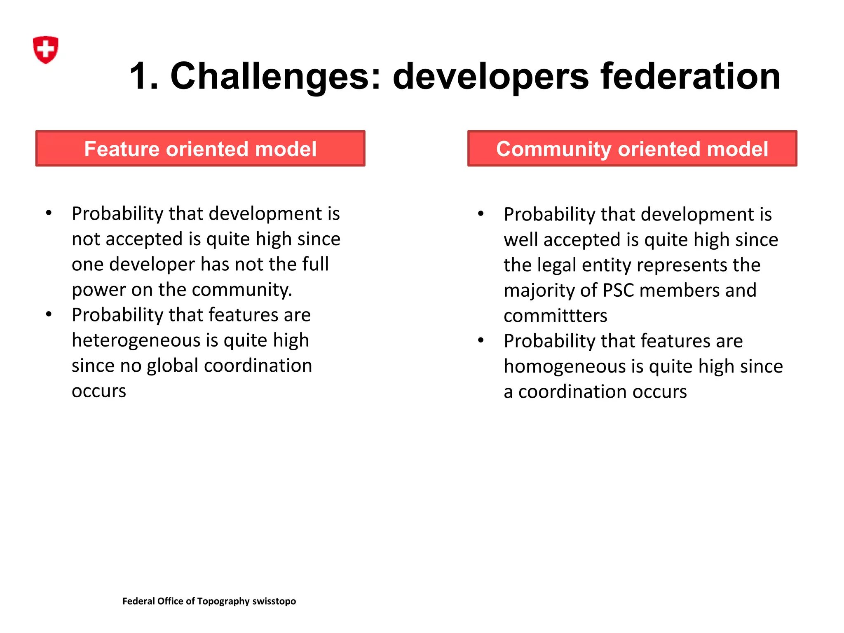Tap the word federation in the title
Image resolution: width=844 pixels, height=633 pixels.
690,77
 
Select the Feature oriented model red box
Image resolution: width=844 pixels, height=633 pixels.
200,149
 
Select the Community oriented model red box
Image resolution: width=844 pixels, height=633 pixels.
632,149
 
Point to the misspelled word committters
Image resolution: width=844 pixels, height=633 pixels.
555,316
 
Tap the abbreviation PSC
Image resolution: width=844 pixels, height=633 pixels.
618,291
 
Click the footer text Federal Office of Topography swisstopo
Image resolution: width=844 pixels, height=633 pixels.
209,601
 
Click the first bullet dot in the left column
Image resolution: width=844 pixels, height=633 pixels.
49,213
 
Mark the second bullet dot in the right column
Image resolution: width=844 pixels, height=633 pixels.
481,340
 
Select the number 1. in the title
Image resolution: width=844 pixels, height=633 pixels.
144,77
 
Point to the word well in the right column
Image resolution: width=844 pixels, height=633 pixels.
520,240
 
